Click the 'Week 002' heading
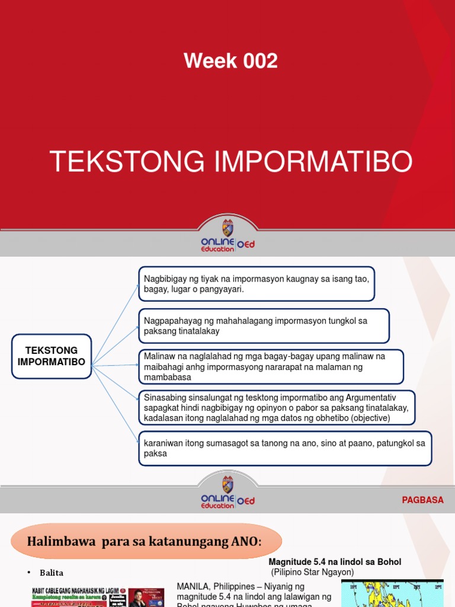pyautogui.click(x=230, y=60)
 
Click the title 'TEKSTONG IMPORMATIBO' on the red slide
pyautogui.click(x=230, y=162)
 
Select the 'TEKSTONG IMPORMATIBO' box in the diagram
pyautogui.click(x=52, y=356)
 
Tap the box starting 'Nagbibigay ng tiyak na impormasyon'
pyautogui.click(x=257, y=284)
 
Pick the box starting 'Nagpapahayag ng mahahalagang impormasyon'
pyautogui.click(x=264, y=326)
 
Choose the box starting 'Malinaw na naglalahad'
pyautogui.click(x=271, y=366)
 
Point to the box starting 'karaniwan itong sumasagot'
pyautogui.click(x=284, y=448)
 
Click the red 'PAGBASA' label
pyautogui.click(x=422, y=500)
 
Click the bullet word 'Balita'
pyautogui.click(x=52, y=573)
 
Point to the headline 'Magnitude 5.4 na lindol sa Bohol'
pyautogui.click(x=335, y=562)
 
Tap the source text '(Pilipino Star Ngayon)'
pyautogui.click(x=312, y=572)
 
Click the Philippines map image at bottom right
pyautogui.click(x=392, y=593)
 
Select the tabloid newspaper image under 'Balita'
pyautogui.click(x=97, y=595)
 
